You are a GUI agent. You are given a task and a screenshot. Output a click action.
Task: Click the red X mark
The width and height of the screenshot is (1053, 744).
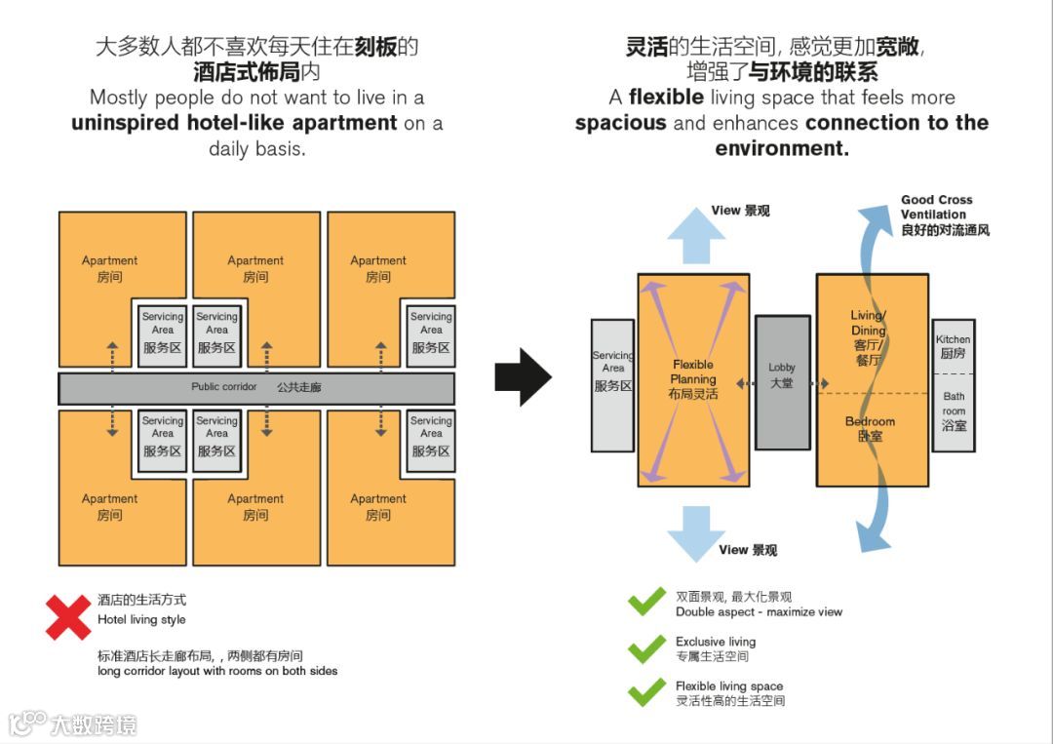coord(68,617)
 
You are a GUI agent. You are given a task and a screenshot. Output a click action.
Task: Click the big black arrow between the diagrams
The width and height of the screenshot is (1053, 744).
coord(523,376)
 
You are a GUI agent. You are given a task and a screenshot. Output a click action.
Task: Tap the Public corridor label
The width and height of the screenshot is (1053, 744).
coord(224,387)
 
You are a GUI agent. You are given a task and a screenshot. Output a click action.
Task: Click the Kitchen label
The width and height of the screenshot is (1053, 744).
coord(953,346)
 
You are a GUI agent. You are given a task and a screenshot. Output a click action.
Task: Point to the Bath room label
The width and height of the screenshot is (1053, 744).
coord(954,411)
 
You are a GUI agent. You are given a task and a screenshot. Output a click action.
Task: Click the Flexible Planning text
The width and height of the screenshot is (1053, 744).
coord(693,378)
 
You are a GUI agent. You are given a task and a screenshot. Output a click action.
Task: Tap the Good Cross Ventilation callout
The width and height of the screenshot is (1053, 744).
coord(944,215)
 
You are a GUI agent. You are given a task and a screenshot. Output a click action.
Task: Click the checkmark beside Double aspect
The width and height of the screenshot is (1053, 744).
coord(645,603)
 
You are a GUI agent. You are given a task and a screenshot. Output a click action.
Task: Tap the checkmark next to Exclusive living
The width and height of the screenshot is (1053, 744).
coord(645,648)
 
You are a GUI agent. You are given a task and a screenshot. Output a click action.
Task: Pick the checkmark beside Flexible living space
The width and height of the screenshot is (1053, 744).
coord(645,692)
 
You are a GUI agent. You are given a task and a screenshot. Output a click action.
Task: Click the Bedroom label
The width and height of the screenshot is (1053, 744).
coord(870,428)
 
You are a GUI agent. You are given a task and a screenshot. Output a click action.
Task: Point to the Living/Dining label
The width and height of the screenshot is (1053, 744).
coord(868,337)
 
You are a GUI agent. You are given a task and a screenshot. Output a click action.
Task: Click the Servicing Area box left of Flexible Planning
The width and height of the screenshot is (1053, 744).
coord(612,384)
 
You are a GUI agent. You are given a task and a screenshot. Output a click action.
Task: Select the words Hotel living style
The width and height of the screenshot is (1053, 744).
coord(141,620)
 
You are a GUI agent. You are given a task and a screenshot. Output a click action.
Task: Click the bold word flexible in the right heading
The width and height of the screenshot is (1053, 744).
coord(666,98)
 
